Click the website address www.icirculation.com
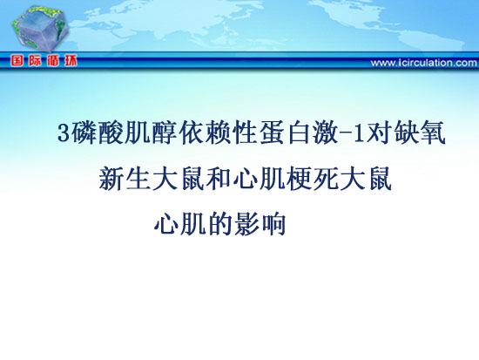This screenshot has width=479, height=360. click(x=424, y=63)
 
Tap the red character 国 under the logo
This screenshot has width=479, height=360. click(x=17, y=61)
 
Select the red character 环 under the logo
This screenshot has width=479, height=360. click(x=71, y=61)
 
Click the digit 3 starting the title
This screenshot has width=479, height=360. click(x=64, y=133)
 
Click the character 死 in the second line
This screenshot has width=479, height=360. click(x=326, y=179)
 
